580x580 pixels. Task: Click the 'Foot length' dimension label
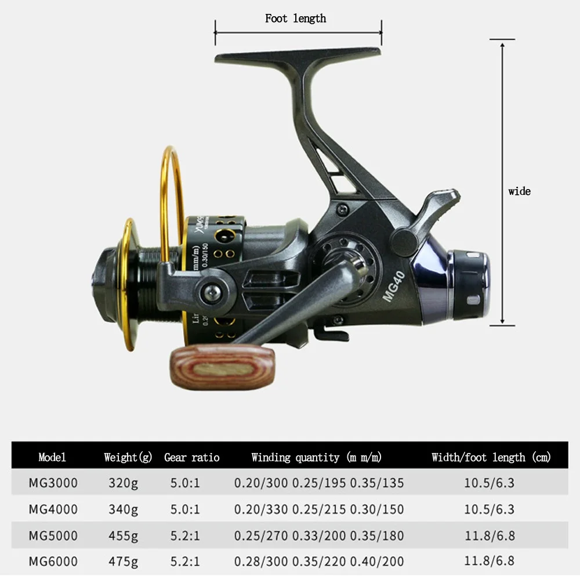(295, 19)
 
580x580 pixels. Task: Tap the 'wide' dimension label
(519, 191)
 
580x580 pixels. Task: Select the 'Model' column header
(52, 457)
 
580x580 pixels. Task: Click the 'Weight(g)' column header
(128, 457)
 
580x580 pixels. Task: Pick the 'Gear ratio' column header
(191, 457)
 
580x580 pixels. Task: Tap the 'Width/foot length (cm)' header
(491, 457)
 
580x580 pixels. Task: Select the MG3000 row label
(53, 483)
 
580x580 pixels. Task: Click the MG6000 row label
(53, 561)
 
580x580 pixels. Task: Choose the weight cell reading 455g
(123, 535)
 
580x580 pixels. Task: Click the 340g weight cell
(123, 509)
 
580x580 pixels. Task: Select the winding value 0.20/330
(260, 509)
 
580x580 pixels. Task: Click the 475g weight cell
(123, 561)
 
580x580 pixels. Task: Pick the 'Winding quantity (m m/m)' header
(316, 457)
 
